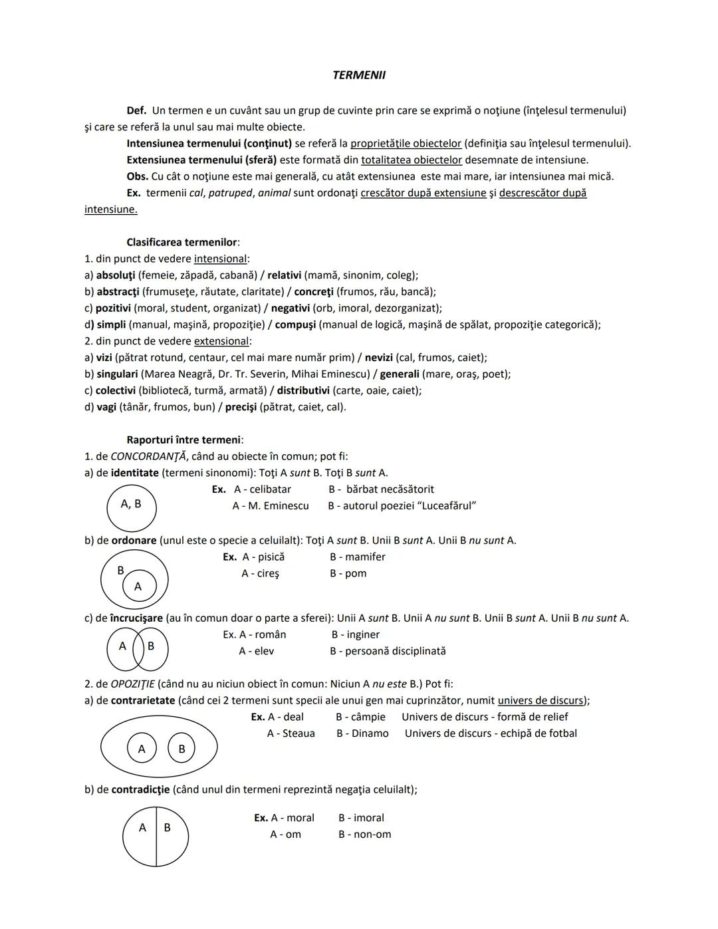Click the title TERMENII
(358, 75)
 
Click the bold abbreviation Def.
(136, 110)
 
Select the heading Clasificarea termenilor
(182, 242)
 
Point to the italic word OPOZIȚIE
(132, 684)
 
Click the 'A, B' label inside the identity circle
(131, 504)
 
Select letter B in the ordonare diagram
(120, 570)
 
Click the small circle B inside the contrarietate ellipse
(181, 748)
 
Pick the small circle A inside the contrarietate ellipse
(142, 748)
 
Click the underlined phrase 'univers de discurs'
(542, 700)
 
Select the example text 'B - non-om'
(364, 835)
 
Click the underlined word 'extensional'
(221, 341)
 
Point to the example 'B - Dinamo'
(362, 733)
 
